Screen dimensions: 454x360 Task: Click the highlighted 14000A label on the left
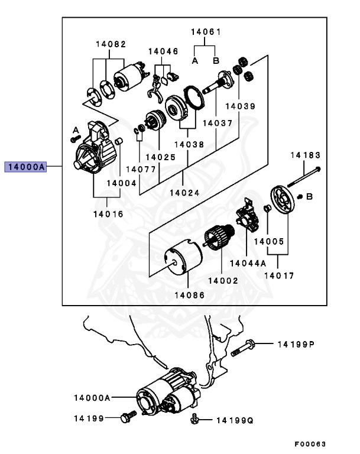pos(25,167)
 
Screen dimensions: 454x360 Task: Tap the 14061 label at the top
pos(205,31)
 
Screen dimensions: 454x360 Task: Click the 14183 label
pos(304,155)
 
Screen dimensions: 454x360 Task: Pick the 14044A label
pos(248,262)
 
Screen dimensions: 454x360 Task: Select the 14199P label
pos(296,344)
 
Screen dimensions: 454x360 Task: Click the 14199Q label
pos(234,420)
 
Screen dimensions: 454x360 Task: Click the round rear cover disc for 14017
pos(282,203)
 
